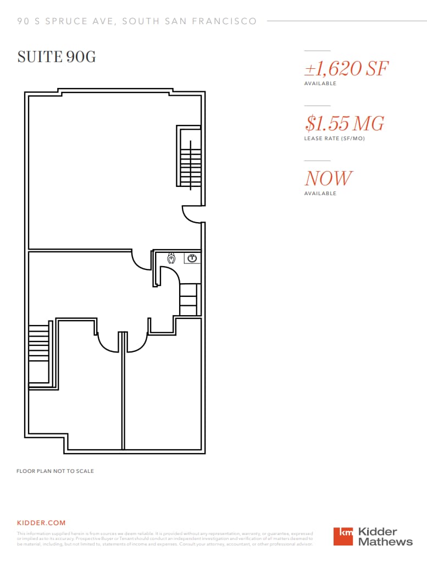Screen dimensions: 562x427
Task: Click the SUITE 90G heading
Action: [x=57, y=57]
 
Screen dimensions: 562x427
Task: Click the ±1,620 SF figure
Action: [x=346, y=69]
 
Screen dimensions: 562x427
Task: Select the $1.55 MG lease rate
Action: [x=344, y=123]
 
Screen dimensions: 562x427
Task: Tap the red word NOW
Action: [x=328, y=178]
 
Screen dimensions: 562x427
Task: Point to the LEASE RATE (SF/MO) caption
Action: [x=334, y=139]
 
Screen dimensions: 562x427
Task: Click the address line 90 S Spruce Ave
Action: [x=137, y=21]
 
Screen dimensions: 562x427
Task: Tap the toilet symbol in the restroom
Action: [x=171, y=258]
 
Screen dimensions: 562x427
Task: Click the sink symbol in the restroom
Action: [x=192, y=257]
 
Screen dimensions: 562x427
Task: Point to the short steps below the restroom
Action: [x=188, y=300]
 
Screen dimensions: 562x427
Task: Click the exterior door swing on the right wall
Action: [x=192, y=214]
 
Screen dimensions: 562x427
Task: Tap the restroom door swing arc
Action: [x=169, y=275]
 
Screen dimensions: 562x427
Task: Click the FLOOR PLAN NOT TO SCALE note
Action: [x=55, y=471]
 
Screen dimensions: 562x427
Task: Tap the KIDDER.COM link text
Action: [x=41, y=522]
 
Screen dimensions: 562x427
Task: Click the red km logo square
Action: [x=343, y=536]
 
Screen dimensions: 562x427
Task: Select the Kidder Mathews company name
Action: [x=385, y=536]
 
